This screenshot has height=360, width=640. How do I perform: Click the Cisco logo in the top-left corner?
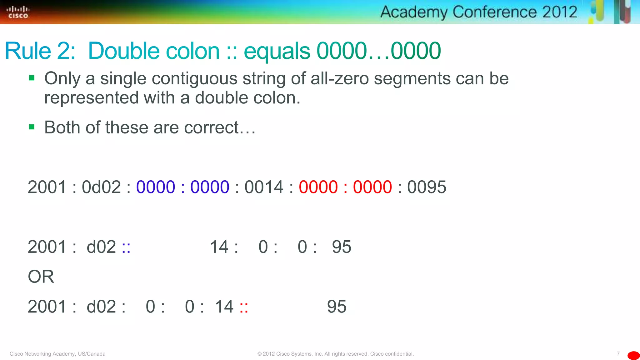click(x=18, y=12)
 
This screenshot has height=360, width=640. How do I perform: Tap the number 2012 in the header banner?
click(x=559, y=12)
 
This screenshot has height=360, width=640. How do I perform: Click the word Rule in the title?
click(x=28, y=51)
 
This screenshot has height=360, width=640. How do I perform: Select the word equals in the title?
click(x=277, y=51)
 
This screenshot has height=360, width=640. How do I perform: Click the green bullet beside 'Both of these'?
click(x=32, y=127)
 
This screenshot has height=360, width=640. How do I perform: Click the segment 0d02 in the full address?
click(x=101, y=187)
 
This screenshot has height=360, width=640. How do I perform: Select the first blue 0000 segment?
click(x=156, y=187)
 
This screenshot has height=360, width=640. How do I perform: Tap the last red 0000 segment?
click(x=372, y=187)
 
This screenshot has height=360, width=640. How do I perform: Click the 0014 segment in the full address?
click(x=264, y=187)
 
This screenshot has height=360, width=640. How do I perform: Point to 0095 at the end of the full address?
click(x=427, y=187)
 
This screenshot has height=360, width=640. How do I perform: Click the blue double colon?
click(x=126, y=247)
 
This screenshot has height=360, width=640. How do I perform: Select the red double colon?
click(x=244, y=307)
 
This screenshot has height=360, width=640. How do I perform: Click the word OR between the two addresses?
click(x=41, y=277)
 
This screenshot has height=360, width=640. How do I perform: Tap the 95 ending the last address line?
click(x=337, y=307)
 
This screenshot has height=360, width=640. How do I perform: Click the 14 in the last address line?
click(x=224, y=307)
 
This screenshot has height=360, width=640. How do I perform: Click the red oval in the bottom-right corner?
click(x=633, y=355)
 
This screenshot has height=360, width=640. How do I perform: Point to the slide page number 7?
click(x=618, y=353)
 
